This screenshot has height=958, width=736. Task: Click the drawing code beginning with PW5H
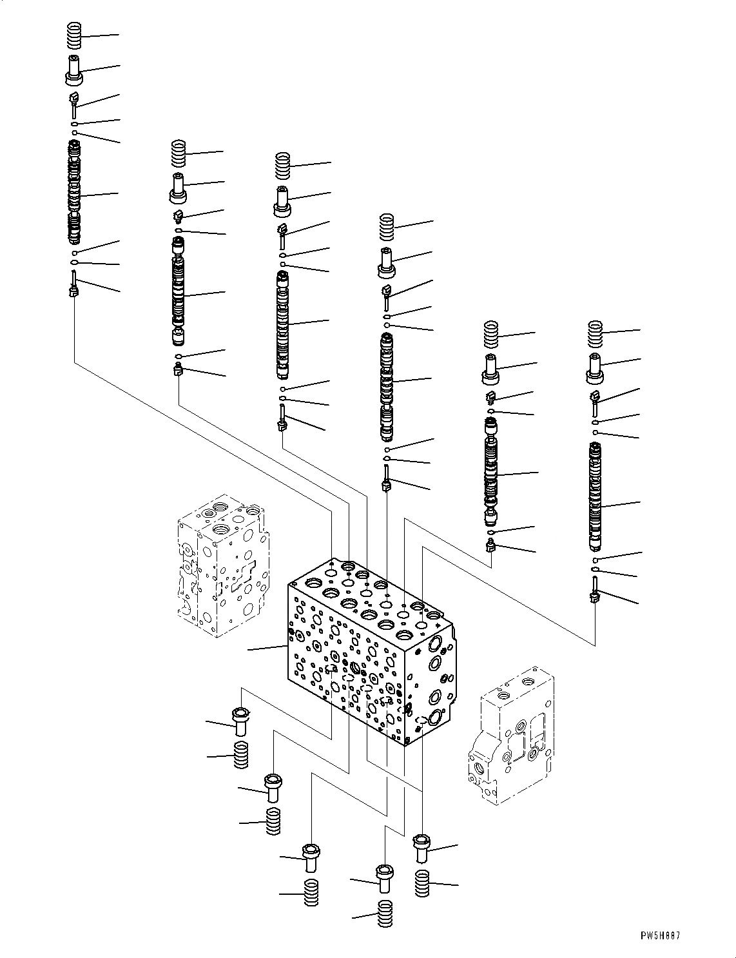tap(660, 935)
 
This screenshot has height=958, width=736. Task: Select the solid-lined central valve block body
tap(369, 651)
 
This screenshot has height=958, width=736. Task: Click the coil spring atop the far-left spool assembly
tap(75, 35)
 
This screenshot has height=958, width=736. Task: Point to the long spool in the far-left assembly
tap(75, 193)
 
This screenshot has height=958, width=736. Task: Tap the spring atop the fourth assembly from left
tap(386, 227)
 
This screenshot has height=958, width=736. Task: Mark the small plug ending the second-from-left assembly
tap(179, 370)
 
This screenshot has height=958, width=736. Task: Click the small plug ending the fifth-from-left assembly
tap(491, 547)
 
